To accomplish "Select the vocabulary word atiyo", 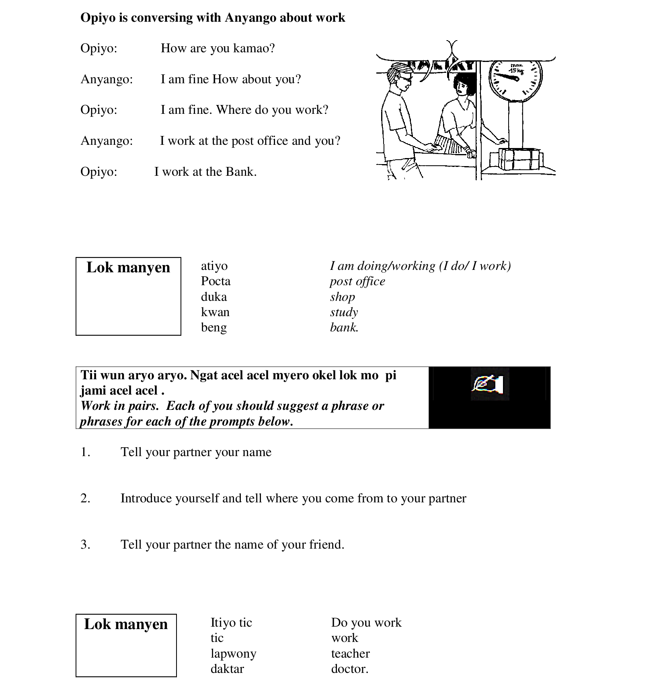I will pos(214,266).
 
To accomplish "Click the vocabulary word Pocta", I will pos(216,281).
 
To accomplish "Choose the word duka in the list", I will pos(214,297).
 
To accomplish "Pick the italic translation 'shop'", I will pos(343,297).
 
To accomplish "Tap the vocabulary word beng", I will pos(214,327).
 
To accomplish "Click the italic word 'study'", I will pos(344,312).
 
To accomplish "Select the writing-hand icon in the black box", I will pos(489,384).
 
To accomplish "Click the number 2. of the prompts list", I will pos(85,498).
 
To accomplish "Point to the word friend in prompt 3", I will pos(326,545).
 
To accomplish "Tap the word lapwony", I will pos(233,654).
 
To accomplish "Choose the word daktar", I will pos(227,669).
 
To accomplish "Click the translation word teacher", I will pos(350,654).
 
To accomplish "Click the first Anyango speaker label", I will pos(107,79).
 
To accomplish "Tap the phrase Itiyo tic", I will pos(231,623).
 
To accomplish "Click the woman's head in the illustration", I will pos(464,85).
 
